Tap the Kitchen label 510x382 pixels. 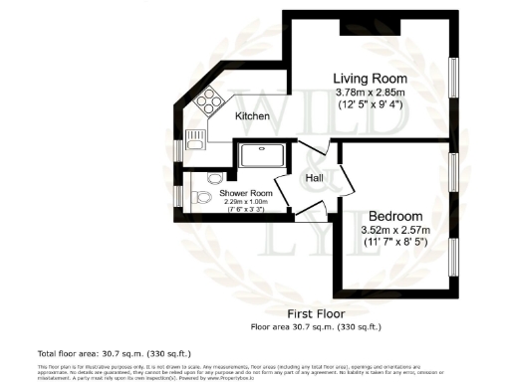pos(253,116)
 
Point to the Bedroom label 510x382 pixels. pos(395,216)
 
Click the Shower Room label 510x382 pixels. pos(247,193)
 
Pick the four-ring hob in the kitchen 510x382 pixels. pos(209,99)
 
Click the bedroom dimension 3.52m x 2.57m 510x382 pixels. pos(395,231)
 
